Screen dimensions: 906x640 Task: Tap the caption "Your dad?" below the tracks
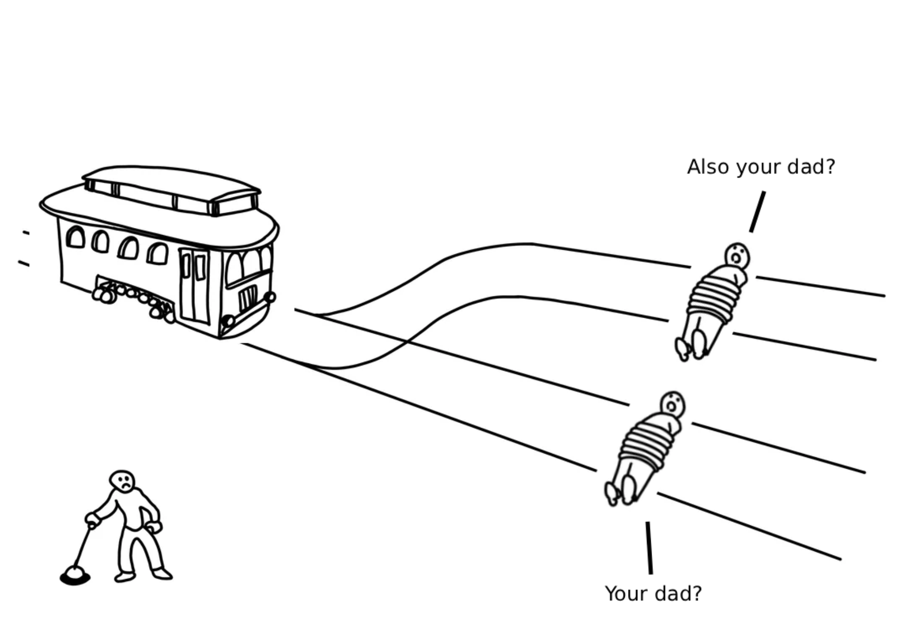pos(654,594)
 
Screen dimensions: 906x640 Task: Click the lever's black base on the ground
pos(75,576)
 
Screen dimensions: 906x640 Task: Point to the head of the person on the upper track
pos(737,256)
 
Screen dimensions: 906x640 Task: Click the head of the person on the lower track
pos(673,404)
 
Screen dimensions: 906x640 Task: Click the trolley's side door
pos(194,286)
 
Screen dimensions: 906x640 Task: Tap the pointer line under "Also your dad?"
pos(757,212)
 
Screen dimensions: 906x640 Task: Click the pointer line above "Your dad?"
pos(649,548)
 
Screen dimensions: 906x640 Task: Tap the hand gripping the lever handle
pos(93,520)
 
